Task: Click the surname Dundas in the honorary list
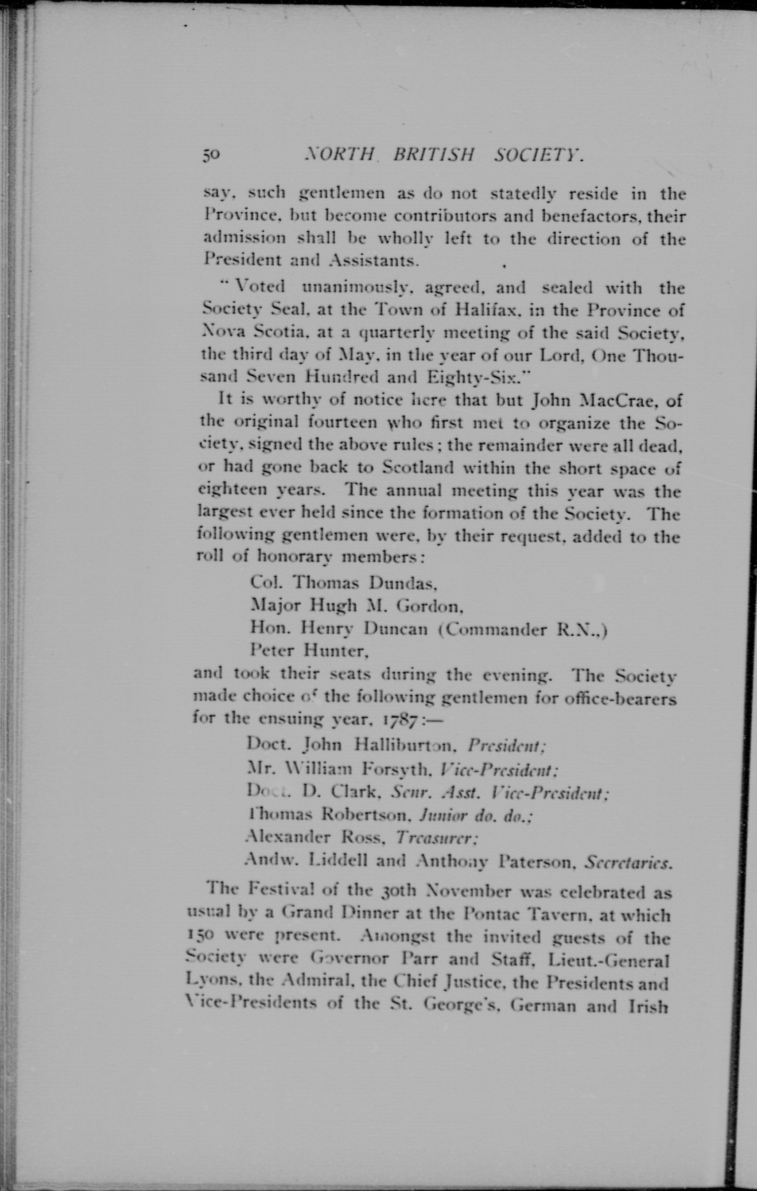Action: coord(403,583)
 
